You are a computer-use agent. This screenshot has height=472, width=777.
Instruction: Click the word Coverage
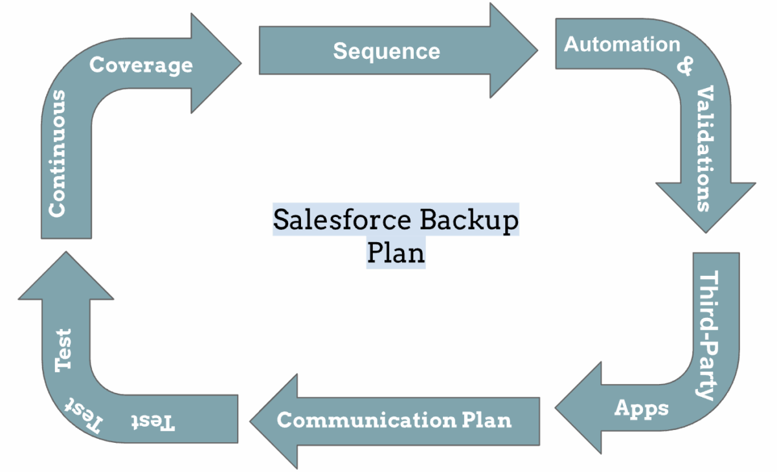point(141,65)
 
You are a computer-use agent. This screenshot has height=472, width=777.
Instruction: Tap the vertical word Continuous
point(57,153)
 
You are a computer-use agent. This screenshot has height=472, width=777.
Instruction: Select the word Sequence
point(387,51)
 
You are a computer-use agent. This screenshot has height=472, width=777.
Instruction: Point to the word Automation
point(622,45)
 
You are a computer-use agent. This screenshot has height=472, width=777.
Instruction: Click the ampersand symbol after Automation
point(685,66)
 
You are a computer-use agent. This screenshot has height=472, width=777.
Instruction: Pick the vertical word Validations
point(706,148)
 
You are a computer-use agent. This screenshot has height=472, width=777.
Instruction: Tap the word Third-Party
point(708,335)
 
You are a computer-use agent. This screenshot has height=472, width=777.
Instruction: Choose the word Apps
point(642,409)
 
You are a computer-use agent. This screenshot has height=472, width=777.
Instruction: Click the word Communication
point(366,420)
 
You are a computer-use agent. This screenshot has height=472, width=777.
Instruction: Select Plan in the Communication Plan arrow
point(487,420)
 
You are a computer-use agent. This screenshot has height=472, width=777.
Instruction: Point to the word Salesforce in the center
point(342,220)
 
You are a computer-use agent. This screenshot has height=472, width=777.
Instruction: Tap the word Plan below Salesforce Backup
point(396,252)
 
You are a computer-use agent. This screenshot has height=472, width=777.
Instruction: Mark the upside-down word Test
point(153,422)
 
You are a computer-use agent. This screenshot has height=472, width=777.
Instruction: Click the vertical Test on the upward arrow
point(63,350)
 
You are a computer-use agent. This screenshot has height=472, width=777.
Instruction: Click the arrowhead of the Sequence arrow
point(513,51)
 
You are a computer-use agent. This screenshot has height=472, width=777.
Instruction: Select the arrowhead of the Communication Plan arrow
point(274,421)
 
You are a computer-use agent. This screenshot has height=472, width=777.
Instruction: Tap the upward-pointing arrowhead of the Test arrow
point(66,276)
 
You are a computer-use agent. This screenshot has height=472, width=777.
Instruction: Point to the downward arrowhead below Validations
point(706,208)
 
